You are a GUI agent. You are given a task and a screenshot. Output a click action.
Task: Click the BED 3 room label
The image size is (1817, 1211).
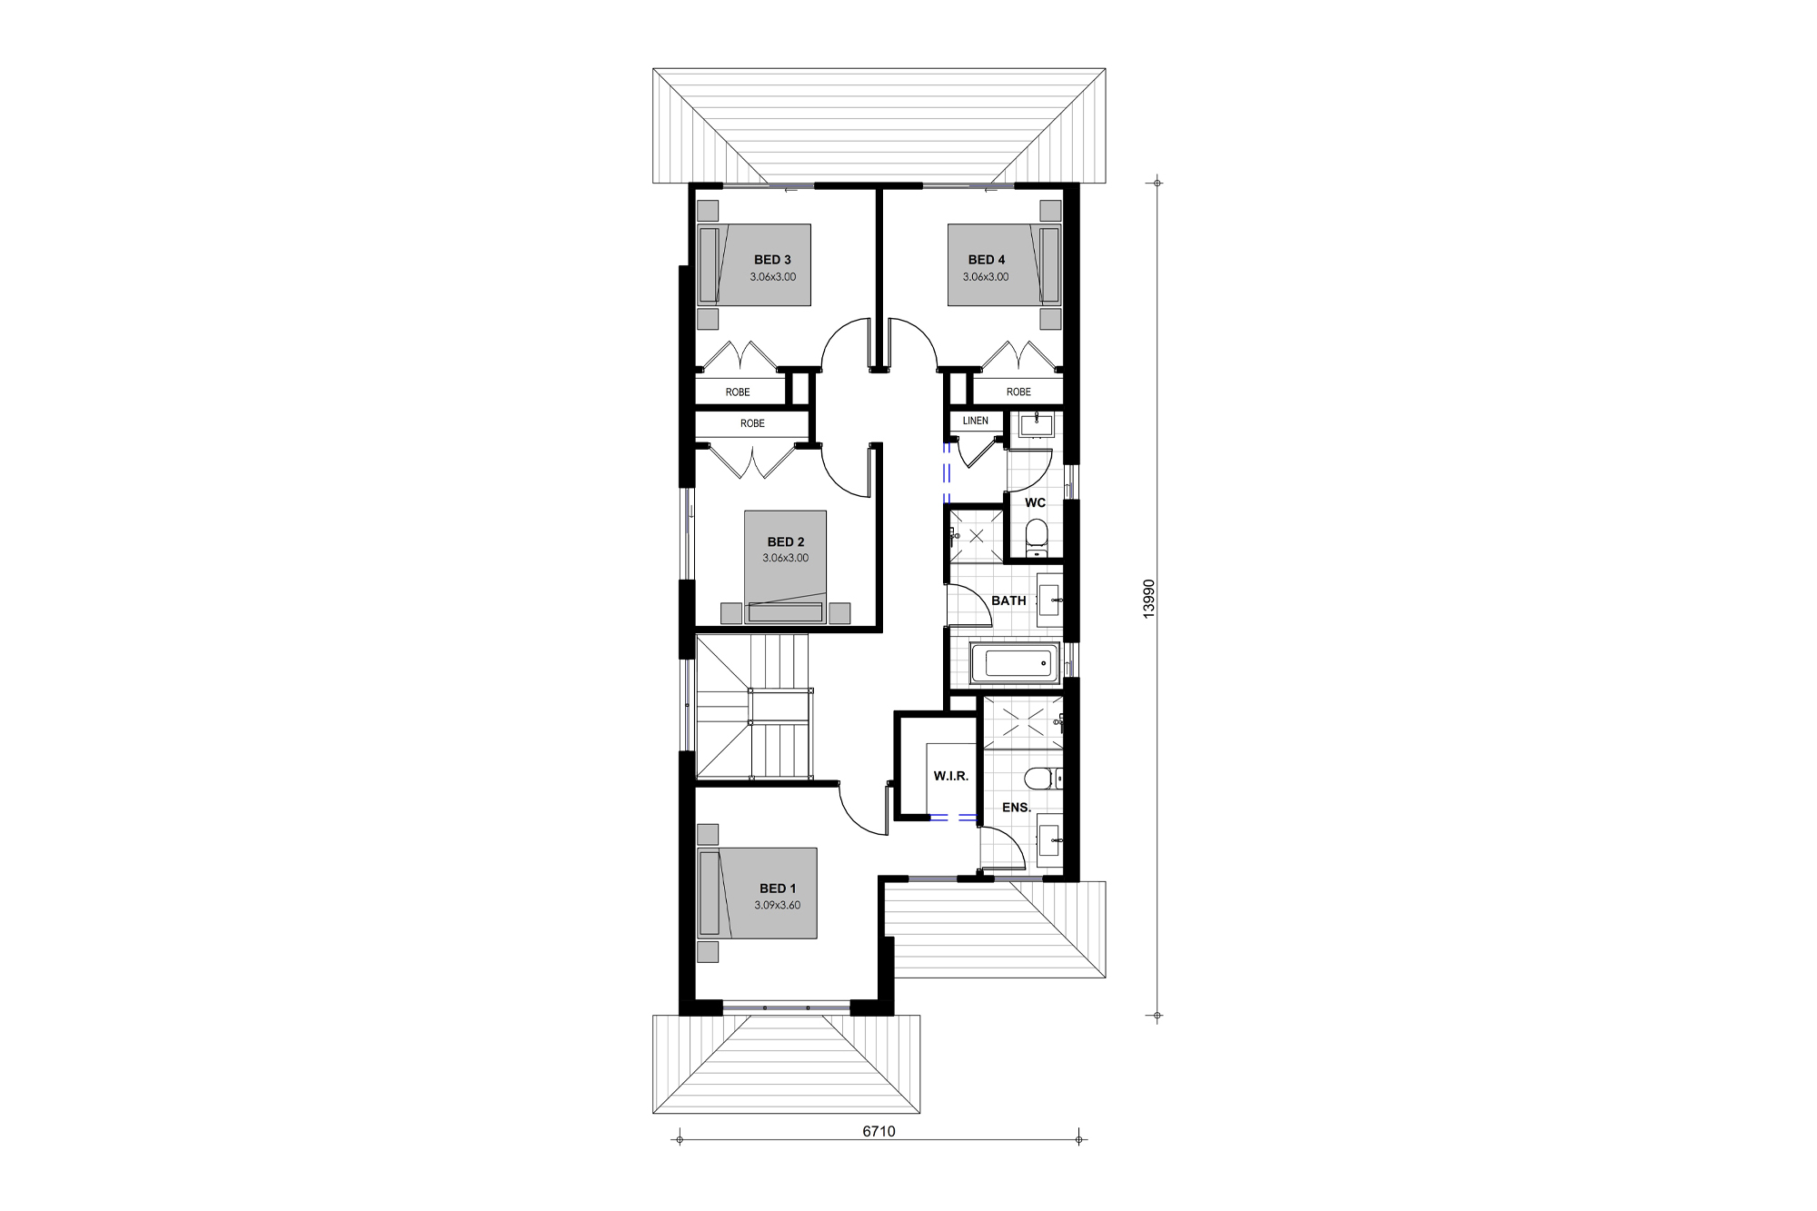click(x=772, y=260)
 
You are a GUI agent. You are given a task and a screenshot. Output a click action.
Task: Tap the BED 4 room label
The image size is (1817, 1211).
click(x=986, y=260)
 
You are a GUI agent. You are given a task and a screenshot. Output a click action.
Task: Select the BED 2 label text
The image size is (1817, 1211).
click(x=786, y=542)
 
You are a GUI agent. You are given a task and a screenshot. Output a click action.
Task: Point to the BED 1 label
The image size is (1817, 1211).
click(x=778, y=888)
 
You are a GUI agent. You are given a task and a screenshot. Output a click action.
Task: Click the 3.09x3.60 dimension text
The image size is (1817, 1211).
click(x=777, y=905)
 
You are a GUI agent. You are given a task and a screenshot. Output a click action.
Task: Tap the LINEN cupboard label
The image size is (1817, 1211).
click(x=975, y=421)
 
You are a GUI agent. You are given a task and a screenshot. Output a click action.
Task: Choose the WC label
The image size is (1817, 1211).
click(x=1035, y=502)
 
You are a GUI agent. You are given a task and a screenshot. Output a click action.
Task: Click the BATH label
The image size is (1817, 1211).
click(x=1008, y=601)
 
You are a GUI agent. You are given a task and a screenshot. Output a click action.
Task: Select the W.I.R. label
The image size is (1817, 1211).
click(x=951, y=776)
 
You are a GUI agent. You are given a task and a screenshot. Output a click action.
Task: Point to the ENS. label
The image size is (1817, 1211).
click(x=1017, y=807)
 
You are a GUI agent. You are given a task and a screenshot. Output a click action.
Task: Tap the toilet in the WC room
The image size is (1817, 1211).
click(x=1036, y=537)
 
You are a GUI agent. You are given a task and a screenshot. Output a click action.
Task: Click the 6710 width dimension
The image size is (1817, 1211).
click(x=879, y=1131)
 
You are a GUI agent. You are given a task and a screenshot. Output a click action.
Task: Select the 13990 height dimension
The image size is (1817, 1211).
click(x=1148, y=600)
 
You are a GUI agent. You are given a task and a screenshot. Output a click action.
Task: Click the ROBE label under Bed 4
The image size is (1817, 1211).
click(x=1018, y=392)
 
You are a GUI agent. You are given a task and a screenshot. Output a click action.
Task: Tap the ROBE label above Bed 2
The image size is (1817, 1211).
click(x=752, y=423)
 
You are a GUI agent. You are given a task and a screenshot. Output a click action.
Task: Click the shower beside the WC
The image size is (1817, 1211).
click(x=976, y=536)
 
